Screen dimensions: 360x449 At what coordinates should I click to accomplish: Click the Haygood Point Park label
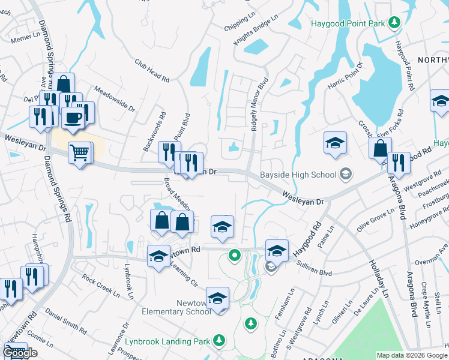[x=348, y=23]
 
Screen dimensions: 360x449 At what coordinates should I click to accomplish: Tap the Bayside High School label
[x=298, y=175]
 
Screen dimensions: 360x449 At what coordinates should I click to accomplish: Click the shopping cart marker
[x=79, y=154]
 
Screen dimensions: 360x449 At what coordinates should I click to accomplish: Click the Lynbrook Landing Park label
[x=169, y=341]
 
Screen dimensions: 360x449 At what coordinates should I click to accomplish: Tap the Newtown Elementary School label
[x=176, y=307]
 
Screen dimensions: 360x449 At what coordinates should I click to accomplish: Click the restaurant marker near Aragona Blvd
[x=397, y=163]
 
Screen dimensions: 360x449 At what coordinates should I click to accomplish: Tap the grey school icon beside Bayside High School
[x=345, y=175]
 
